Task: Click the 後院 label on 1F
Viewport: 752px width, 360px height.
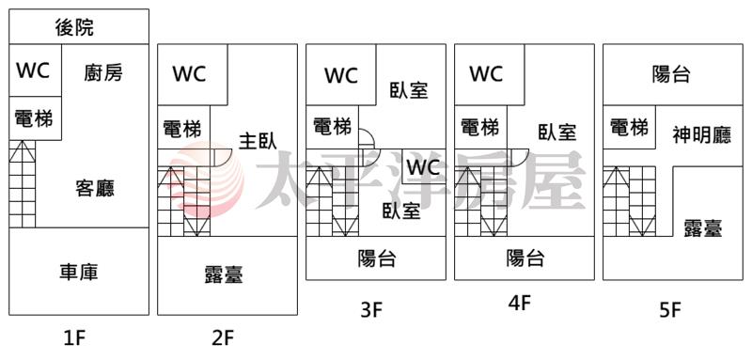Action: pyautogui.click(x=74, y=27)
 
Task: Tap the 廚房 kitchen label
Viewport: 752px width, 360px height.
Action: pyautogui.click(x=103, y=73)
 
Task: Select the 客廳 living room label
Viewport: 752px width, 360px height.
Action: pyautogui.click(x=95, y=188)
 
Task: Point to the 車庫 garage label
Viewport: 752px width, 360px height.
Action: pyautogui.click(x=79, y=272)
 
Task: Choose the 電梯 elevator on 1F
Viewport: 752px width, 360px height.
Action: pyautogui.click(x=34, y=117)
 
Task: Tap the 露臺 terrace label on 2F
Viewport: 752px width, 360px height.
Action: pyautogui.click(x=224, y=274)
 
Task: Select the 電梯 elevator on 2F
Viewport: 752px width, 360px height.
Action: pyautogui.click(x=182, y=129)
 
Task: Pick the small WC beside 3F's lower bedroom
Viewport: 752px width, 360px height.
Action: pyautogui.click(x=424, y=166)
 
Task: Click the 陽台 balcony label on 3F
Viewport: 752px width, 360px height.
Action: pyautogui.click(x=377, y=259)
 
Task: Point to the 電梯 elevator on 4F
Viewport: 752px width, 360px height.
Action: pyautogui.click(x=479, y=127)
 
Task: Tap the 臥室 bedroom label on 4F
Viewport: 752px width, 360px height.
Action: pyautogui.click(x=556, y=131)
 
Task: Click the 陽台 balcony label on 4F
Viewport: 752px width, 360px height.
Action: pyautogui.click(x=525, y=258)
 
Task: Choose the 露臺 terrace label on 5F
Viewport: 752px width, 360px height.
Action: pyautogui.click(x=703, y=227)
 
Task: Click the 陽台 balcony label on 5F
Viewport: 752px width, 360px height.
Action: pyautogui.click(x=671, y=74)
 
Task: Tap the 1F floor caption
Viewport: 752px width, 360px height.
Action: pyautogui.click(x=74, y=339)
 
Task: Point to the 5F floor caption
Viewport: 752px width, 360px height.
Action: pyautogui.click(x=670, y=310)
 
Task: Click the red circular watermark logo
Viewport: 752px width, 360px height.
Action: pyautogui.click(x=207, y=179)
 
